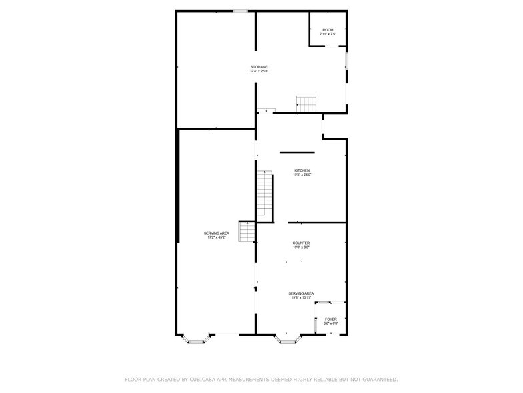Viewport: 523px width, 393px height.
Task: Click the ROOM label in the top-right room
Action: pos(328,30)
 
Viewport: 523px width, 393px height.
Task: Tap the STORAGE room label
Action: pos(259,67)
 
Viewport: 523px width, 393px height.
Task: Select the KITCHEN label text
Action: pos(302,170)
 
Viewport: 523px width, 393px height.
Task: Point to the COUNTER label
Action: pos(301,243)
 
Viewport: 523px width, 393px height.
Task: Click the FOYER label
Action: pos(331,319)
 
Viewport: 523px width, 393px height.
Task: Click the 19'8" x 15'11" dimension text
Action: pos(301,297)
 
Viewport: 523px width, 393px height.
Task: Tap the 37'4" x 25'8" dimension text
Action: pos(259,71)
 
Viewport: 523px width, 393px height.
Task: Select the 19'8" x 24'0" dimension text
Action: pos(302,174)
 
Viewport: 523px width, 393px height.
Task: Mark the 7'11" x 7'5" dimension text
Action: pos(328,34)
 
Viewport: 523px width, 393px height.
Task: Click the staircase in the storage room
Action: pos(306,104)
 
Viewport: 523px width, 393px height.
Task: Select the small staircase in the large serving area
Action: pos(247,231)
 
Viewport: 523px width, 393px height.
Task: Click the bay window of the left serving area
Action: pos(196,338)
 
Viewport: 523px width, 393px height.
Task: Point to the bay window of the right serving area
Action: pos(288,338)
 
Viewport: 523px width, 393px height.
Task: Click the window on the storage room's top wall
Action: pos(240,11)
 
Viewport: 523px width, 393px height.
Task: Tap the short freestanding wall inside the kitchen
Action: pos(297,152)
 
